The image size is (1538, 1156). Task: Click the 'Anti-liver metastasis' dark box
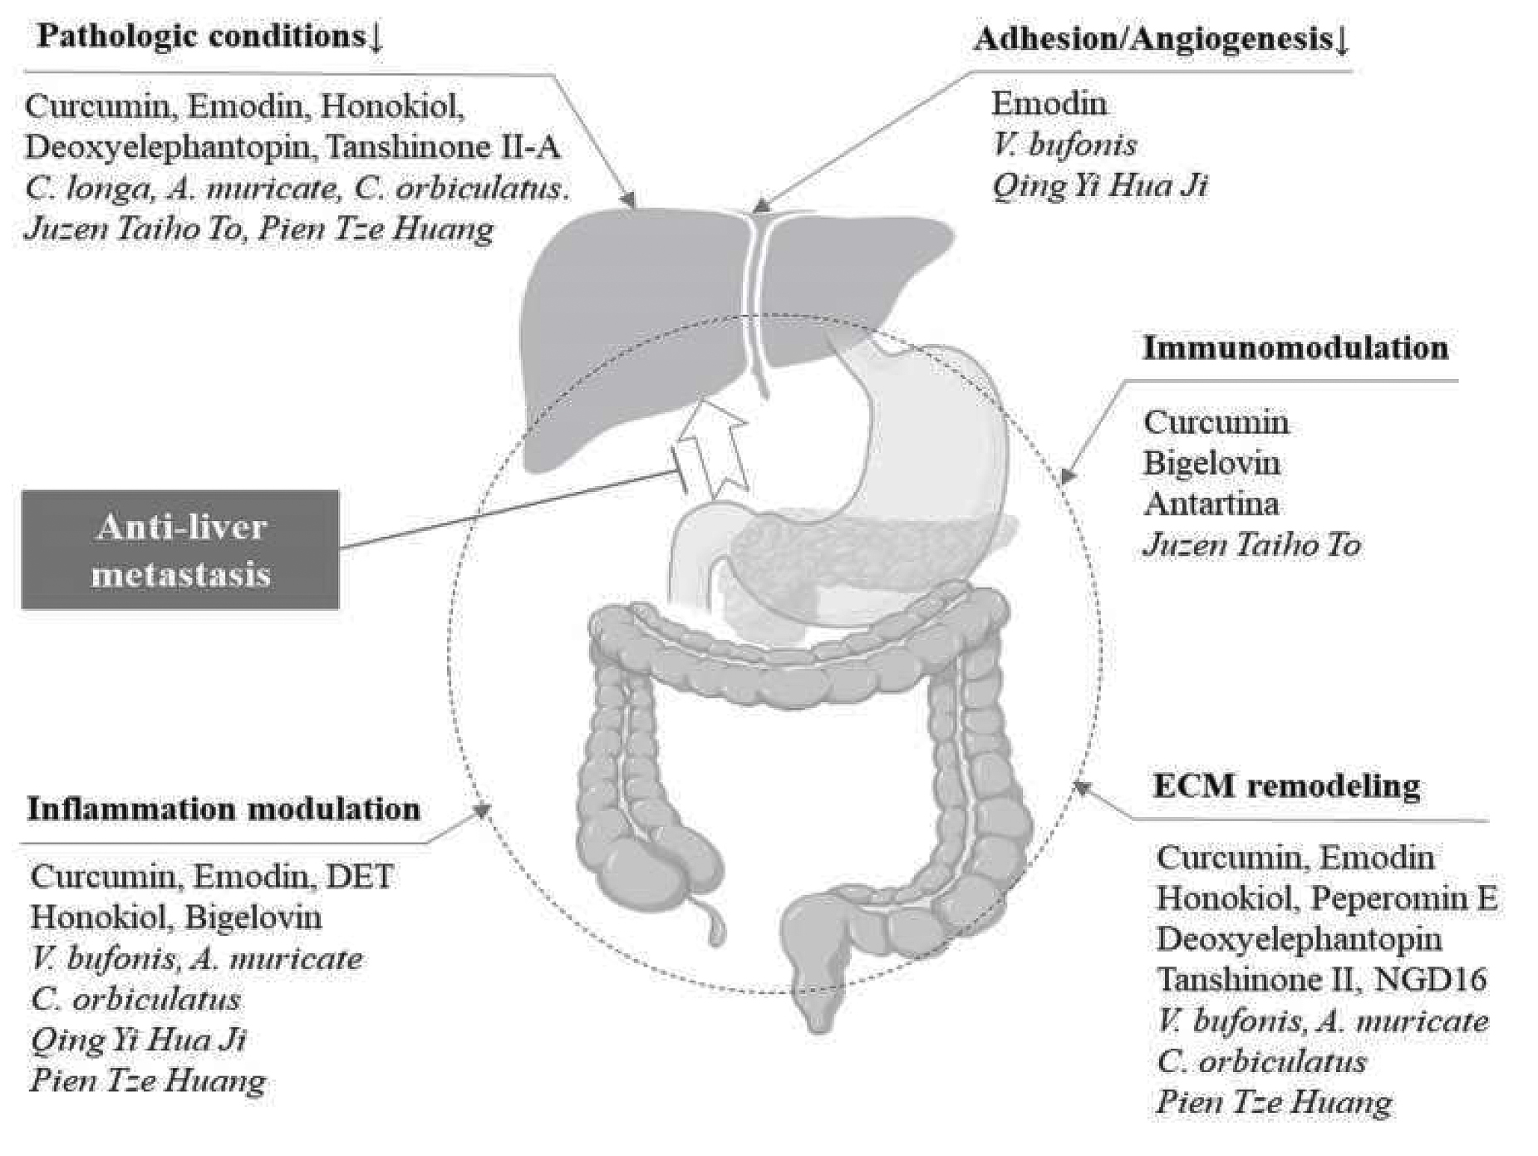tap(180, 550)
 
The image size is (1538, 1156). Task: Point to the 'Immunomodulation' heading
tap(1295, 347)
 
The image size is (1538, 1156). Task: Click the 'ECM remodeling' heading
tap(1286, 786)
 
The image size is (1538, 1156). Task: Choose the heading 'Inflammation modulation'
tap(224, 809)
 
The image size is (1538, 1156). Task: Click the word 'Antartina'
tap(1211, 504)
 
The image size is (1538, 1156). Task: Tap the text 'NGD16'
tap(1430, 979)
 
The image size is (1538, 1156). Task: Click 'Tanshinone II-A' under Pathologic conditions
tap(443, 147)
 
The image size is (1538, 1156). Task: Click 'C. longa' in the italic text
tap(87, 189)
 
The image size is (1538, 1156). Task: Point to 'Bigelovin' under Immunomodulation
tap(1211, 463)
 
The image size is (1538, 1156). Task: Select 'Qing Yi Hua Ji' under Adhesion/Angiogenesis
tap(1098, 185)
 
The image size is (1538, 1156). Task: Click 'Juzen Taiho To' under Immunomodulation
tap(1251, 544)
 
